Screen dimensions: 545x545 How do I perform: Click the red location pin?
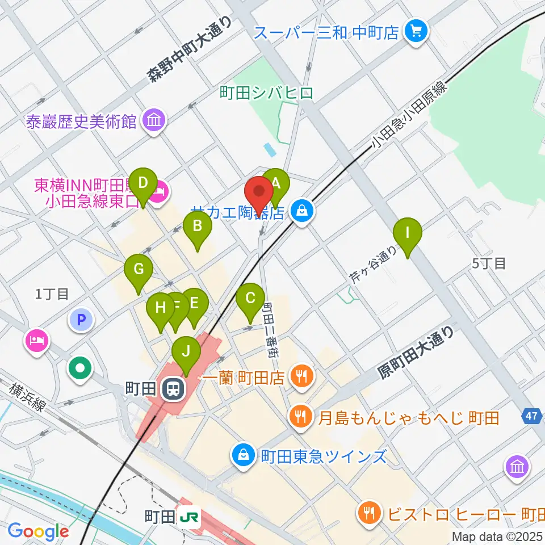point(260,193)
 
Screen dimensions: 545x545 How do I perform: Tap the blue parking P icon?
point(81,320)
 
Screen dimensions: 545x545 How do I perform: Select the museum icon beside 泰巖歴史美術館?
point(154,121)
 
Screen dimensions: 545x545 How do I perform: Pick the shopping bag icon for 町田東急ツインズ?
point(243,455)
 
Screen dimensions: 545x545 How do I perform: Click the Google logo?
point(39,531)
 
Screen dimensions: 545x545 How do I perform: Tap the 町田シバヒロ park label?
point(267,93)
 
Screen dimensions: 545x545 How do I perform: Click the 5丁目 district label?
point(489,263)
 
